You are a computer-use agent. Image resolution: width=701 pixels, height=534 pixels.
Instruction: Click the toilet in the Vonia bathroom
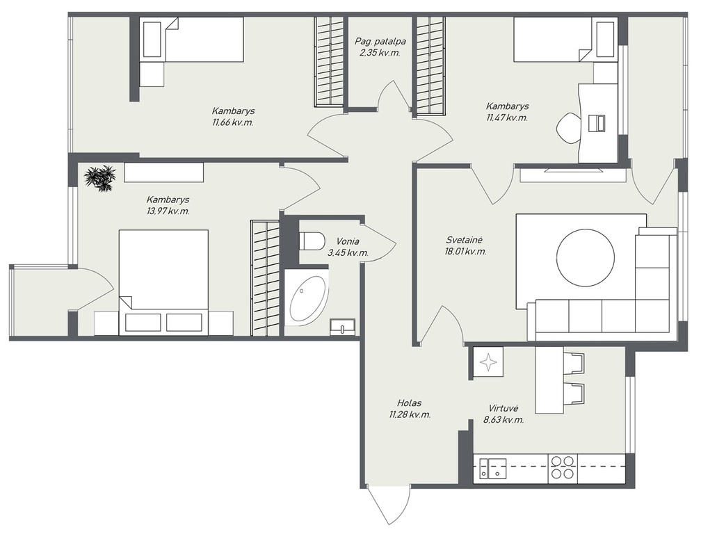pos(311,241)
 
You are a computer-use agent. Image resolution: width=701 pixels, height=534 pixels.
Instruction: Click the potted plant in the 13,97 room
pos(100,178)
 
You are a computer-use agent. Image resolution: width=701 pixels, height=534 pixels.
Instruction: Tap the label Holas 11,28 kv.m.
pos(410,409)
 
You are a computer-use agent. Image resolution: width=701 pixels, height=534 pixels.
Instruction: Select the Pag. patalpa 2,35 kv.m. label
pos(380,47)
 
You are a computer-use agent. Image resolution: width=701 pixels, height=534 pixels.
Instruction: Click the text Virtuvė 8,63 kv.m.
pos(503,414)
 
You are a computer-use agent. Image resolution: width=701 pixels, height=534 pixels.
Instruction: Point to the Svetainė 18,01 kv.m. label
pos(466,245)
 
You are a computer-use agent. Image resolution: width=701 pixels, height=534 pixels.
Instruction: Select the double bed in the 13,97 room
pos(163,282)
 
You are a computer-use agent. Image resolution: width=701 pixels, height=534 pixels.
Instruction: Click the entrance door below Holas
pos(387,506)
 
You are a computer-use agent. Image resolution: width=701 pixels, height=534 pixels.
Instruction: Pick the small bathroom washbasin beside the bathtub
pos(342,327)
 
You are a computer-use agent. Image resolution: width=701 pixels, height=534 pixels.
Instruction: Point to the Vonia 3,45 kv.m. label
pos(348,247)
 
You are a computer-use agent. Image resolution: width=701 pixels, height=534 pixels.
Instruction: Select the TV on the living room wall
pos(572,170)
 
